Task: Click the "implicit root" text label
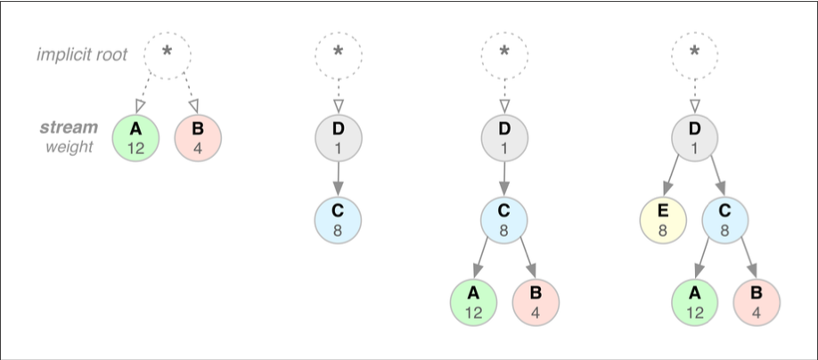[82, 54]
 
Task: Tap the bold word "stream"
[70, 127]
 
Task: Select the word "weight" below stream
[70, 146]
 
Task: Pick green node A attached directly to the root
[135, 138]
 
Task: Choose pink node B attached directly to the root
[198, 138]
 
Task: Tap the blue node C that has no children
[338, 222]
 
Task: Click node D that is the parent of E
[695, 138]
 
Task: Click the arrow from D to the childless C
[338, 180]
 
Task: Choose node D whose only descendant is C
[338, 138]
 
